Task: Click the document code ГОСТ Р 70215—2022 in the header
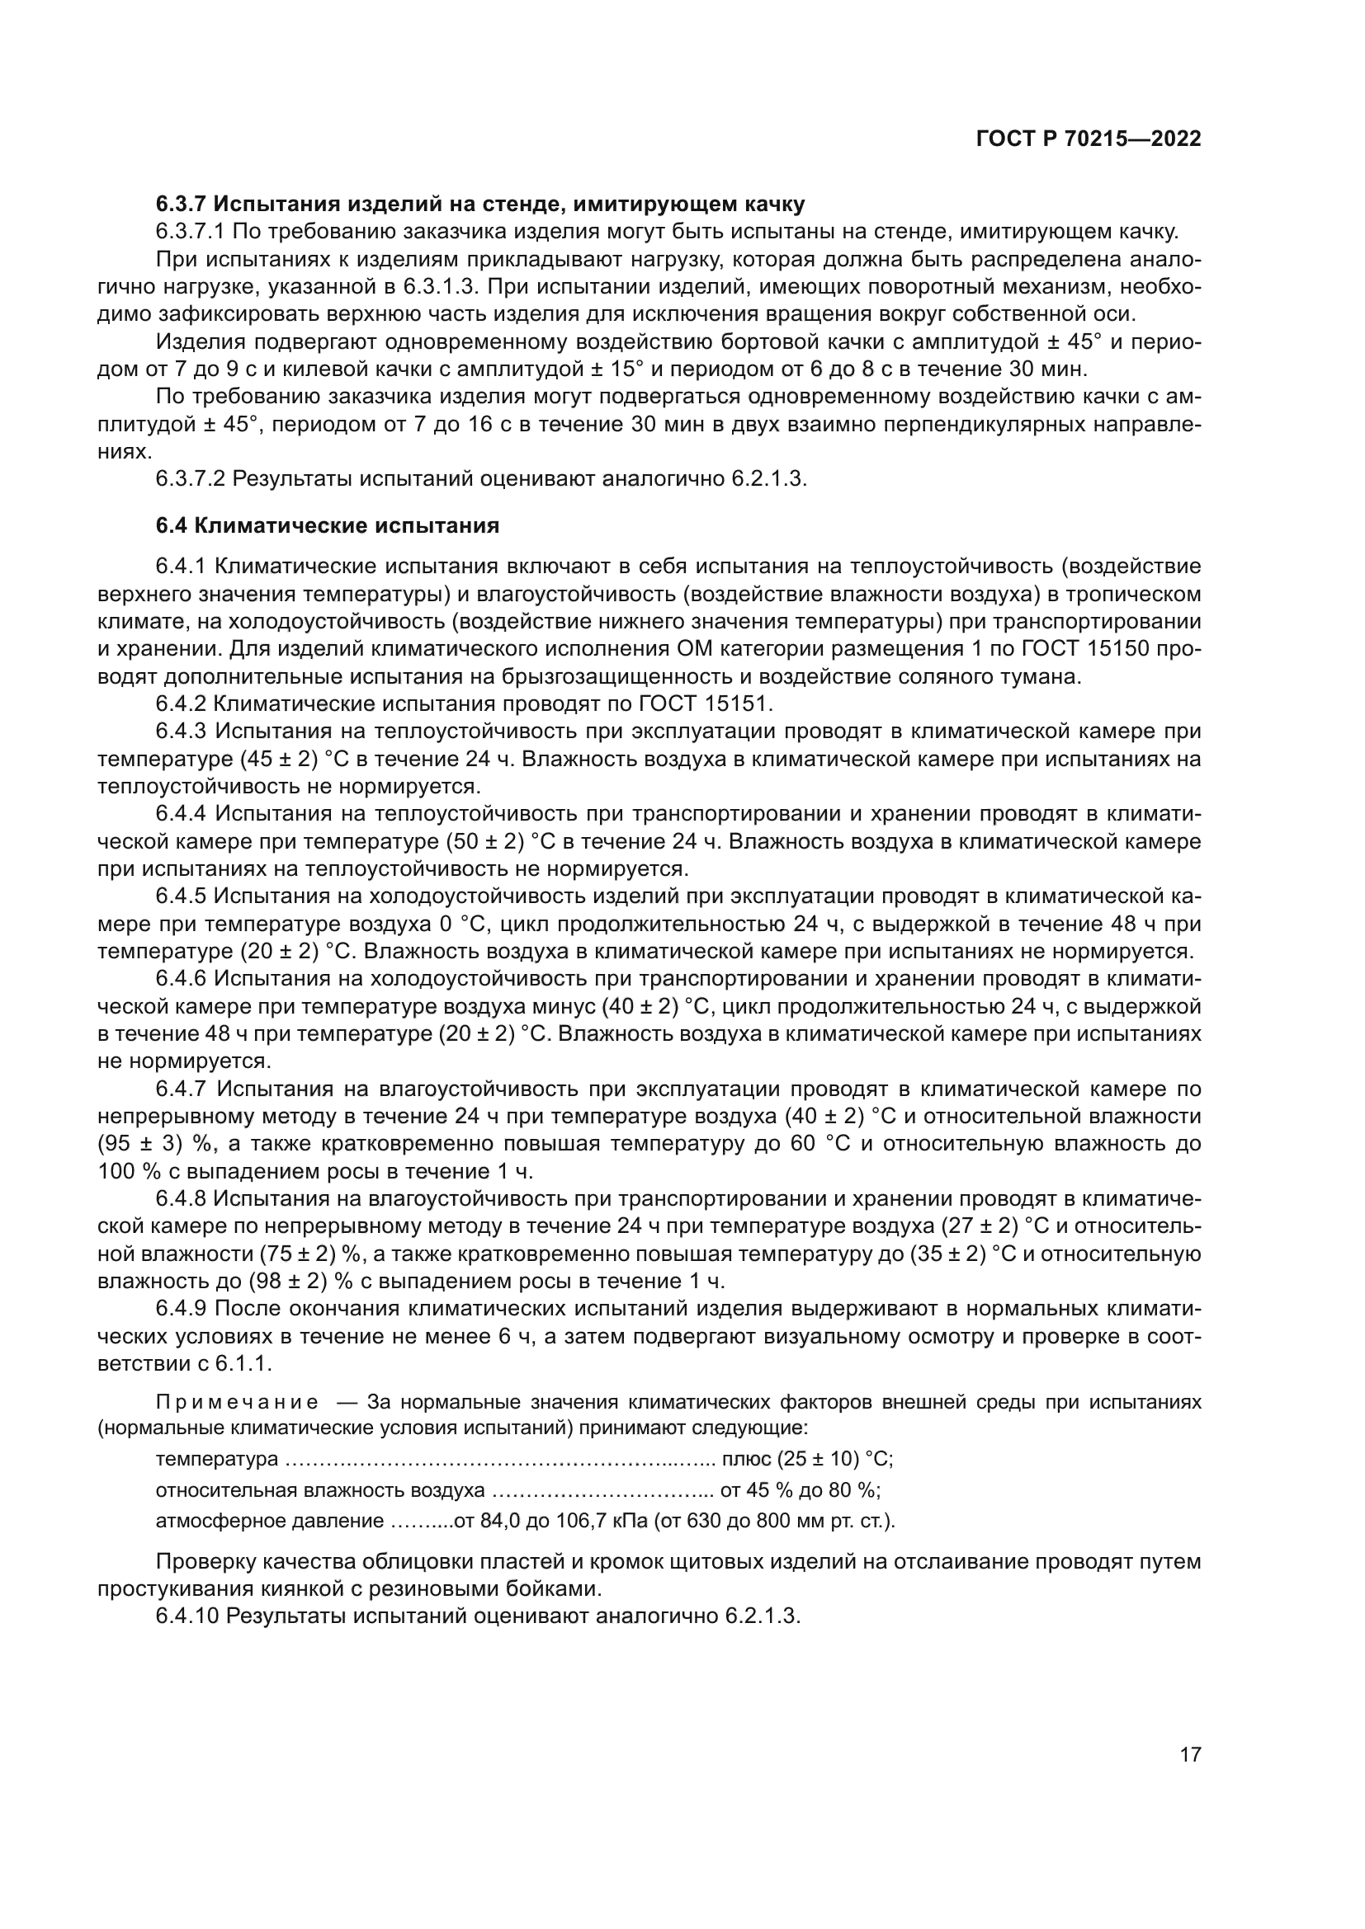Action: [1088, 139]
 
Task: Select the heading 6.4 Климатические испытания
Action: [328, 526]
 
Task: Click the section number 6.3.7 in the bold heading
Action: [181, 205]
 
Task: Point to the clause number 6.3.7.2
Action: [190, 479]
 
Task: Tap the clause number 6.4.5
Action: [181, 896]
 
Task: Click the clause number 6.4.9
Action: [181, 1309]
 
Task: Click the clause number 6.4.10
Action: [187, 1616]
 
